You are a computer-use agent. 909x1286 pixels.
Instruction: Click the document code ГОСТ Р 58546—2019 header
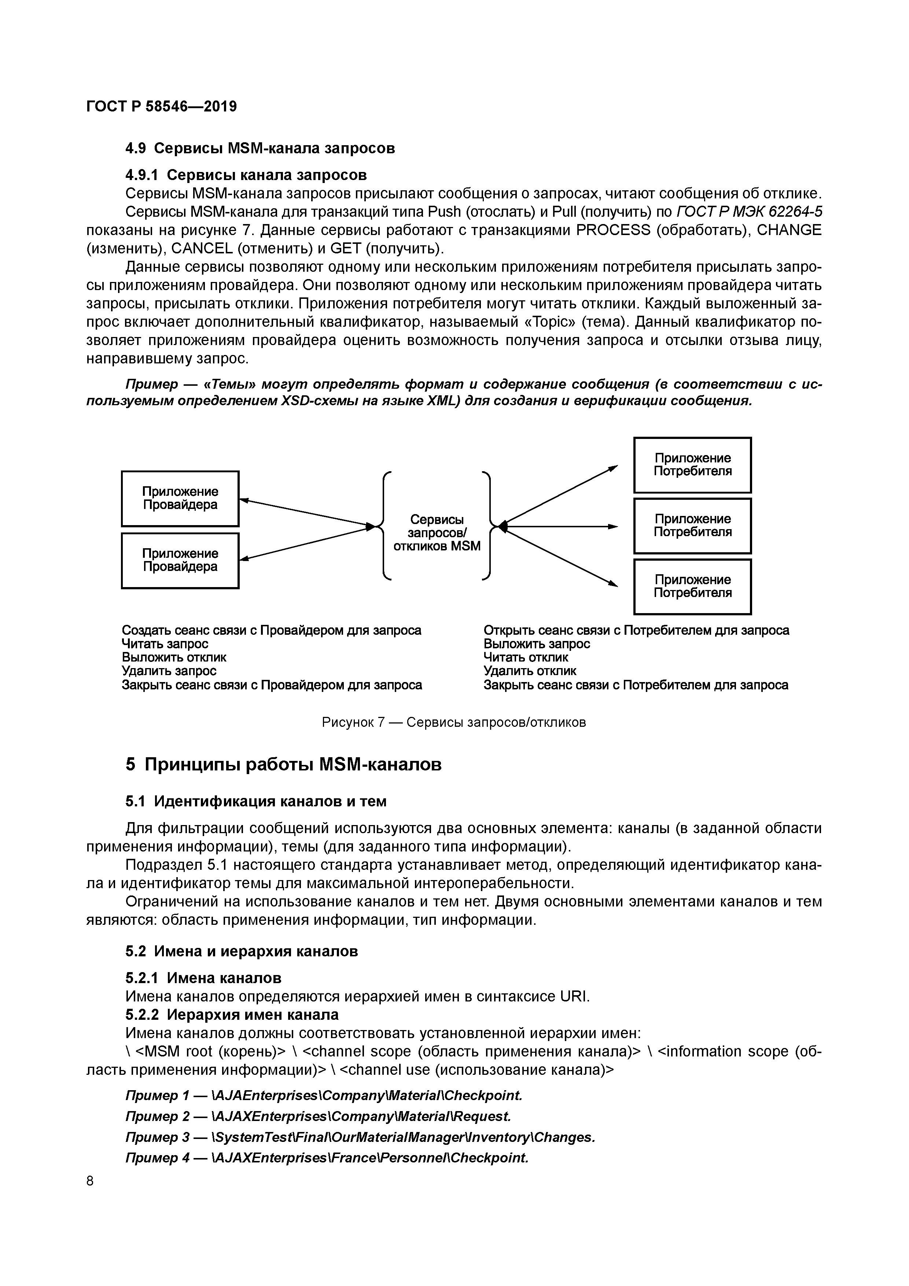point(161,106)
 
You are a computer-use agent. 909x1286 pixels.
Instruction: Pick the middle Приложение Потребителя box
point(692,525)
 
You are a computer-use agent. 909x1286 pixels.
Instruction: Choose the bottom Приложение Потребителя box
point(692,586)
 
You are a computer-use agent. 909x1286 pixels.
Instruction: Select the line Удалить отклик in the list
point(530,670)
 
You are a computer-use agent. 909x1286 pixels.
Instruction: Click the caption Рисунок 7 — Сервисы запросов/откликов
point(453,722)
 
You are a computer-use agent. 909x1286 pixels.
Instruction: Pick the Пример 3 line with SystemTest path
point(360,1137)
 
